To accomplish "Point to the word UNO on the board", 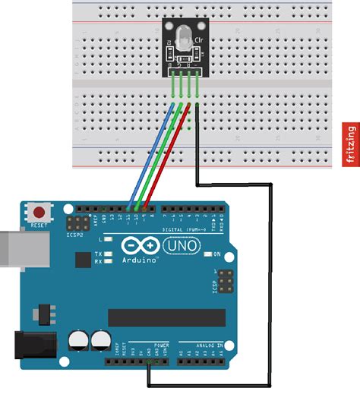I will pos(176,247).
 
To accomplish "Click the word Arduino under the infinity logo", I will pos(141,260).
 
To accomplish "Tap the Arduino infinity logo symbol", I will pos(139,247).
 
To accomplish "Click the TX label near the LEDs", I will pos(98,254).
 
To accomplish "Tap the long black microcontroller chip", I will pos(166,317).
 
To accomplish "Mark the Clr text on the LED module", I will pos(200,40).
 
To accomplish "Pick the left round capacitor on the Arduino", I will pos(77,340).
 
